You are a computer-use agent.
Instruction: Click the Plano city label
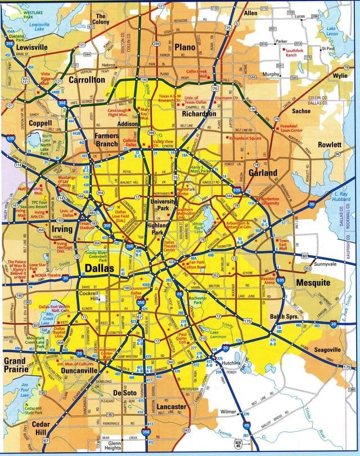pyautogui.click(x=184, y=47)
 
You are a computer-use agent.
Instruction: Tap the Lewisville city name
pyautogui.click(x=31, y=47)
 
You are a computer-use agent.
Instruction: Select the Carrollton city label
pyautogui.click(x=87, y=80)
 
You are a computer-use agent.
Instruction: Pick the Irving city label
pyautogui.click(x=62, y=229)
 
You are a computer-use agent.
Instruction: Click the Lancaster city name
pyautogui.click(x=172, y=407)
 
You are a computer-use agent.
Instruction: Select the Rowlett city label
pyautogui.click(x=329, y=144)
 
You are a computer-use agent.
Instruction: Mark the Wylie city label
pyautogui.click(x=340, y=75)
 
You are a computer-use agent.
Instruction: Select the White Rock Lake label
pyautogui.click(x=197, y=226)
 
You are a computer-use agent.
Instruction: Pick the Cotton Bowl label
pyautogui.click(x=197, y=268)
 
